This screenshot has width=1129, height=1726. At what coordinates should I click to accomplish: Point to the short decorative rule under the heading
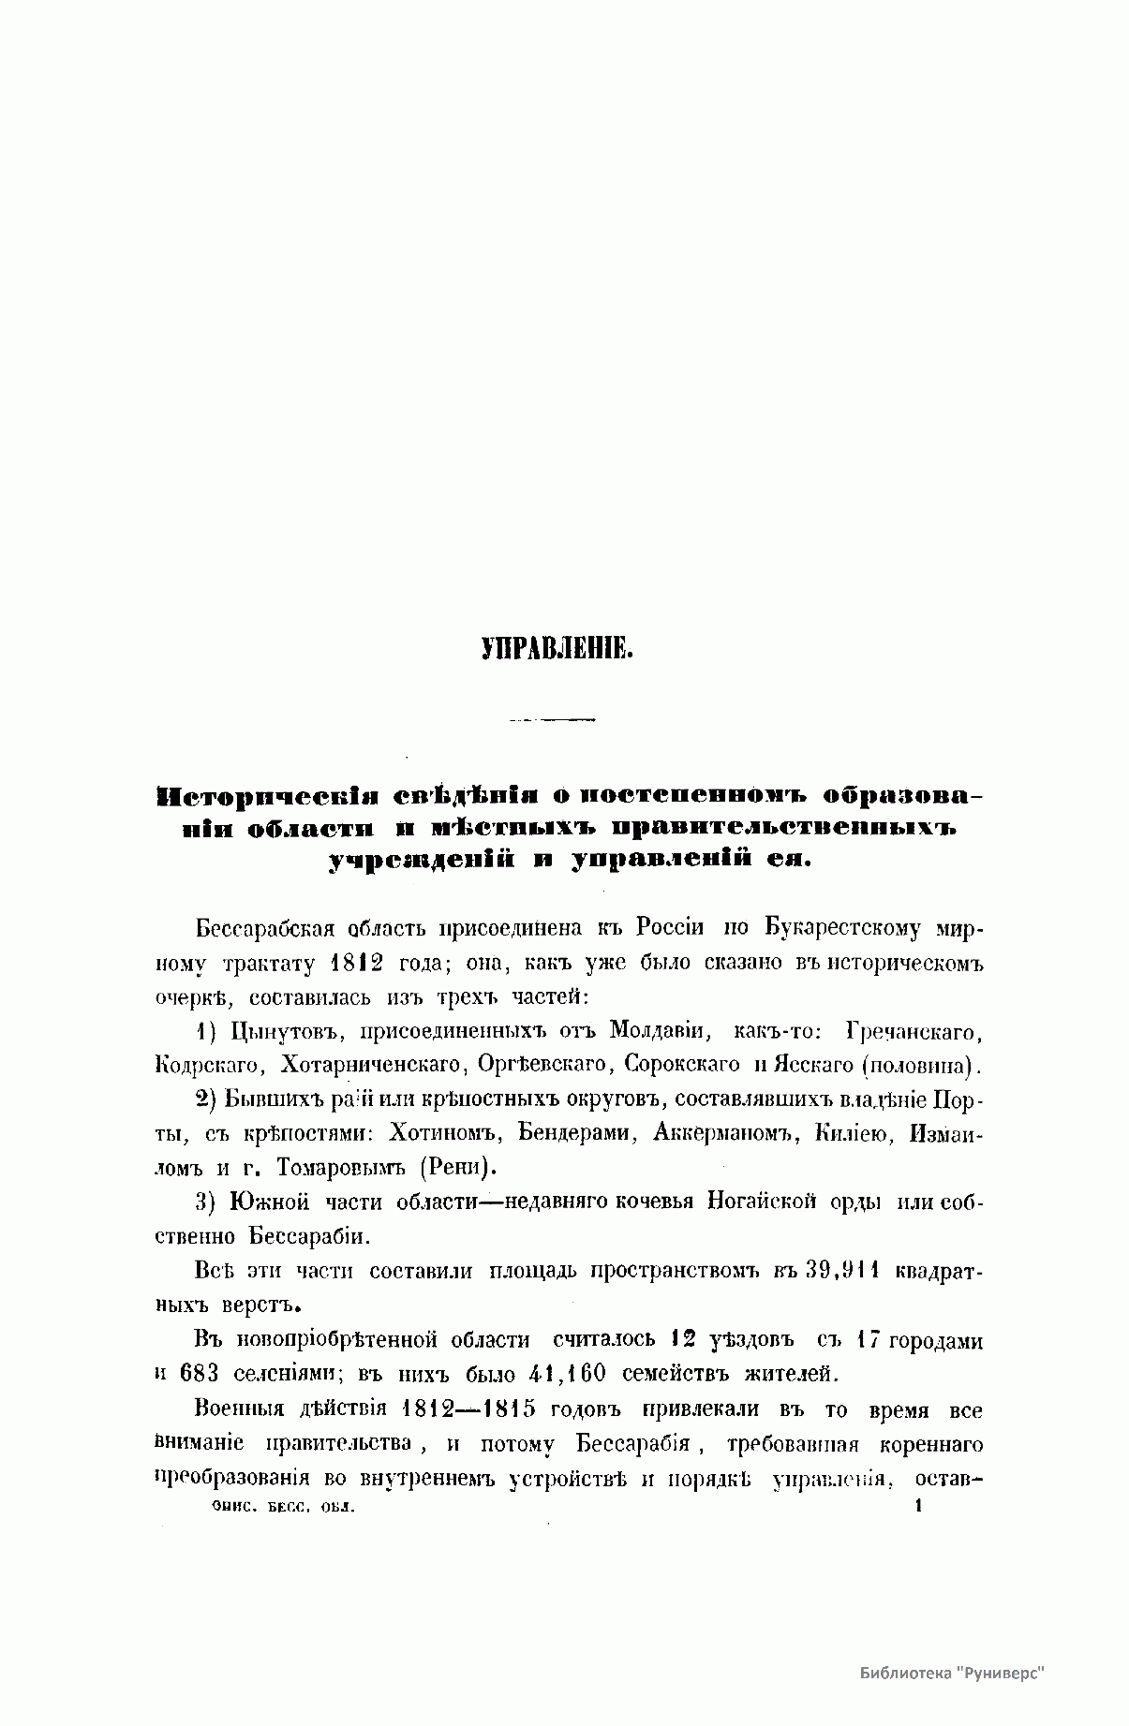pos(552,719)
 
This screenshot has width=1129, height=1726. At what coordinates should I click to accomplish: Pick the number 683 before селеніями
pos(200,1374)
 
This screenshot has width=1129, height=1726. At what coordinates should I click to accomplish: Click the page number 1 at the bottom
pos(919,1506)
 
